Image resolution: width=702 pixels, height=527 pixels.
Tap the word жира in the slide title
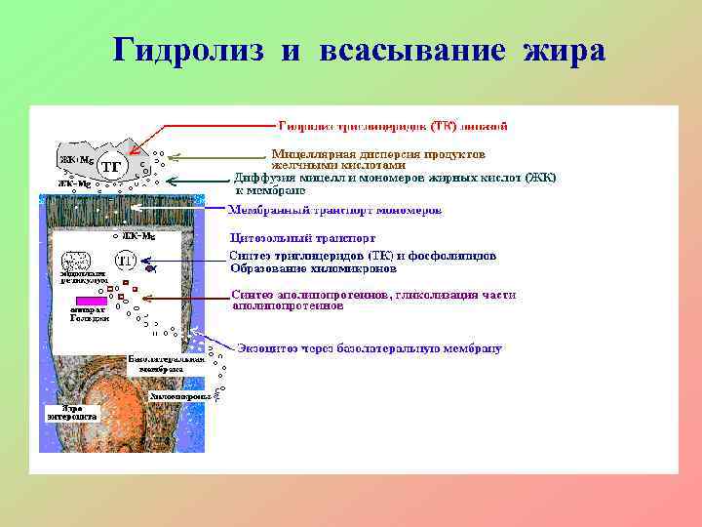click(565, 51)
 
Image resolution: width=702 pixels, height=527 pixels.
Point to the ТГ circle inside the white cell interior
click(125, 261)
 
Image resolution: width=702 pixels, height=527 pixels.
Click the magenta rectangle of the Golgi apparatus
click(89, 300)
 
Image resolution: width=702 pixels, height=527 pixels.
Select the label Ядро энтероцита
click(73, 412)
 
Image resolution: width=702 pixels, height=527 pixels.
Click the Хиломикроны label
click(180, 397)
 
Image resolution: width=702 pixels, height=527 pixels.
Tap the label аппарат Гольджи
click(84, 317)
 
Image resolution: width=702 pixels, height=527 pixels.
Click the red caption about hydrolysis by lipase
click(393, 126)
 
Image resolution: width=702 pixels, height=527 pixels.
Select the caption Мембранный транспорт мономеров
click(335, 210)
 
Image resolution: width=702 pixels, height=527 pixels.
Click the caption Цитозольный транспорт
click(302, 237)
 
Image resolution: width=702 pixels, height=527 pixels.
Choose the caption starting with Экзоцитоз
click(370, 347)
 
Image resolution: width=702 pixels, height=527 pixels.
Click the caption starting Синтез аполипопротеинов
click(373, 295)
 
